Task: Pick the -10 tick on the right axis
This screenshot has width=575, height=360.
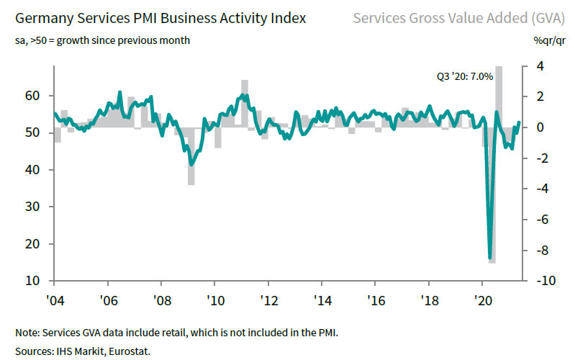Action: tap(545, 280)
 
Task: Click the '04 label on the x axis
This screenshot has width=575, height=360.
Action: tap(55, 299)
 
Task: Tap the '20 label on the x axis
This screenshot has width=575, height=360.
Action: tap(481, 299)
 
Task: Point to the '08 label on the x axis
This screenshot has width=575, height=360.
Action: tap(161, 299)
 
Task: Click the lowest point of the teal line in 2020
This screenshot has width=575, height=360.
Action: tap(489, 258)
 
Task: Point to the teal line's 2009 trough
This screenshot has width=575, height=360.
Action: tap(191, 164)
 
